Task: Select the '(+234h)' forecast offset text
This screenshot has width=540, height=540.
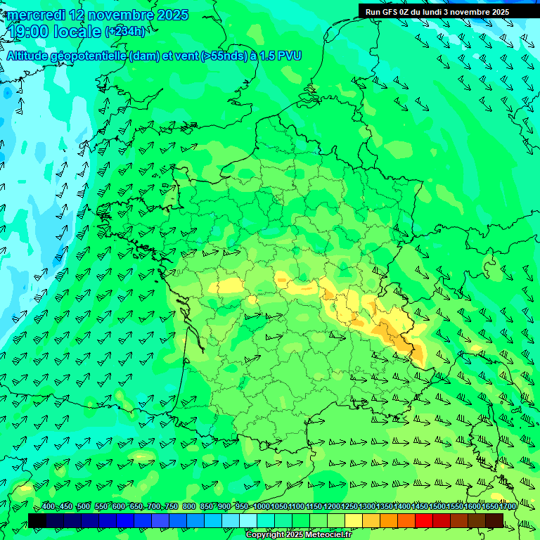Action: pos(125,32)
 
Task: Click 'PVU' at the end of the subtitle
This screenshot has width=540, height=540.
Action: pos(290,56)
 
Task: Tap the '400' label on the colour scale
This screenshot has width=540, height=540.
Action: pos(49,507)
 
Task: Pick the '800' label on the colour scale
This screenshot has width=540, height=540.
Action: pos(189,507)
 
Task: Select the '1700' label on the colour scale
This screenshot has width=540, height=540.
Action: pos(508,507)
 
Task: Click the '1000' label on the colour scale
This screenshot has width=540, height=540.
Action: pos(262,507)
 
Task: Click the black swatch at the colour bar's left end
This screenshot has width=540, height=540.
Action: pos(37,520)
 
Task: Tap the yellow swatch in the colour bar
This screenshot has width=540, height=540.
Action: pos(354,520)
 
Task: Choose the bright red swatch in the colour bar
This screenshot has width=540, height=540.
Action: pos(424,520)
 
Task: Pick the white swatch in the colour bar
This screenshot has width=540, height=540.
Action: pos(248,520)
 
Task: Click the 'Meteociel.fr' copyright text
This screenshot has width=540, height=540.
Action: pos(323,534)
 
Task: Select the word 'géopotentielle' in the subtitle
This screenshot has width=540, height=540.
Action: pos(92,56)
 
